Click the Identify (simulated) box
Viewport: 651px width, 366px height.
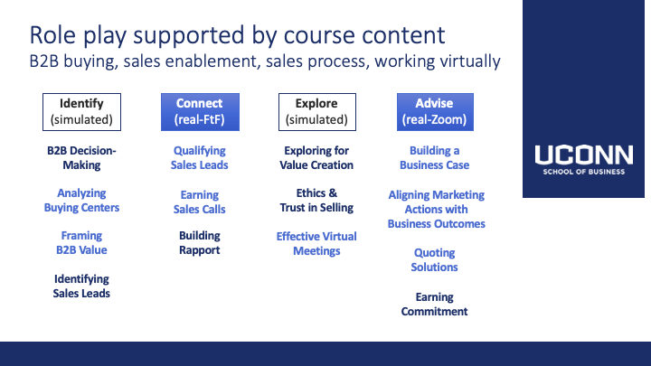tap(81, 112)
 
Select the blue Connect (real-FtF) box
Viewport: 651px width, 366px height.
tap(200, 112)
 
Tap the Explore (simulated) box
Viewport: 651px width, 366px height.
tap(317, 112)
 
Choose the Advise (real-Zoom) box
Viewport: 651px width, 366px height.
tap(435, 112)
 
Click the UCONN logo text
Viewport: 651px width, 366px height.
tap(584, 155)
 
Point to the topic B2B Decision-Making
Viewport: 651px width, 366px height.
tap(81, 157)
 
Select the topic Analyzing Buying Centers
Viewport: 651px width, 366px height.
tap(81, 200)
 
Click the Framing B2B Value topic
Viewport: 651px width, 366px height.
tap(81, 243)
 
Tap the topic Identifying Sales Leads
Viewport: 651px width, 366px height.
tap(81, 286)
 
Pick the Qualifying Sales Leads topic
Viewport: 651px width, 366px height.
tap(199, 157)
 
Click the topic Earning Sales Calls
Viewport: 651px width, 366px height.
tap(199, 202)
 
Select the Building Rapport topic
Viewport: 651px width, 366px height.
tap(199, 243)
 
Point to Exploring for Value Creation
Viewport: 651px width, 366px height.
tap(316, 157)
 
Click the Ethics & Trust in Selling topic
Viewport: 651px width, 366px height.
tap(316, 200)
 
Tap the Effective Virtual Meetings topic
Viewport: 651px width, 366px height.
tap(316, 244)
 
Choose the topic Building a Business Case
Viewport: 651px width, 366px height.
tap(434, 157)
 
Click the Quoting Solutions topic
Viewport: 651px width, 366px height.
tap(434, 259)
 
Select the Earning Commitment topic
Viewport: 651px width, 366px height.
tap(434, 305)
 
